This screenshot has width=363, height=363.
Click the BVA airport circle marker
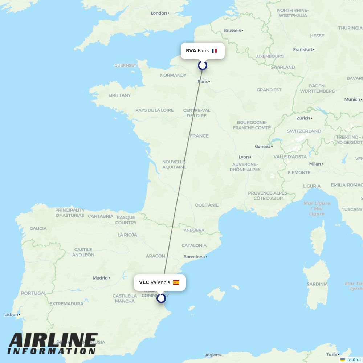pyautogui.click(x=203, y=65)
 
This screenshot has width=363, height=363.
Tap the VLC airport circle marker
pyautogui.click(x=161, y=298)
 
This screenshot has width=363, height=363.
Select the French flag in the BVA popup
pyautogui.click(x=214, y=51)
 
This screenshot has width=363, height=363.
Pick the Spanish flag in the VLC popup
pyautogui.click(x=176, y=282)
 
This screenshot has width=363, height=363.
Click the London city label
pyautogui.click(x=159, y=13)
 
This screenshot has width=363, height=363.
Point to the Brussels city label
pyautogui.click(x=232, y=30)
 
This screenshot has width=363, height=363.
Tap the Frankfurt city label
pyautogui.click(x=303, y=49)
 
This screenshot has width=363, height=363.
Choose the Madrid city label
pyautogui.click(x=100, y=278)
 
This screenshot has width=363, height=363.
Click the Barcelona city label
pyautogui.click(x=194, y=257)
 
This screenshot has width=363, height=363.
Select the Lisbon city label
pyautogui.click(x=11, y=314)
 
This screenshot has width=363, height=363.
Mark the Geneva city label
pyautogui.click(x=263, y=146)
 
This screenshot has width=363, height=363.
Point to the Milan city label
pyautogui.click(x=315, y=164)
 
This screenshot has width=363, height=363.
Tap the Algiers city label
pyautogui.click(x=212, y=355)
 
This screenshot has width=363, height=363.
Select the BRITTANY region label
pyautogui.click(x=120, y=95)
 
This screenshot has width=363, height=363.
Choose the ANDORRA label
pyautogui.click(x=194, y=230)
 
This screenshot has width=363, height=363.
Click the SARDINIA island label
pyautogui.click(x=317, y=284)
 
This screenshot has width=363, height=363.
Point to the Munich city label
pyautogui.click(x=352, y=99)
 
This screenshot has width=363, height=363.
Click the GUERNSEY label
pyautogui.click(x=125, y=65)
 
